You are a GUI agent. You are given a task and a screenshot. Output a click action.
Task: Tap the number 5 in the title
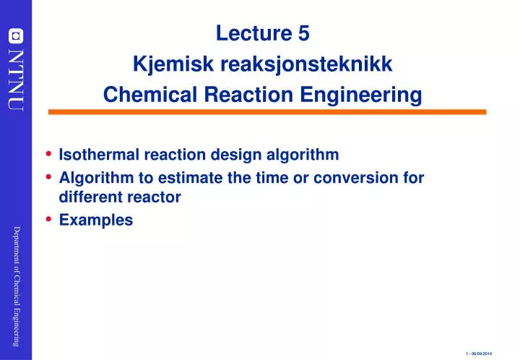click(303, 33)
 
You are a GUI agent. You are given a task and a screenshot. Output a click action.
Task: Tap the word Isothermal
click(95, 155)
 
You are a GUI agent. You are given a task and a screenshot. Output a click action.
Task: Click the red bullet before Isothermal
click(48, 154)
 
